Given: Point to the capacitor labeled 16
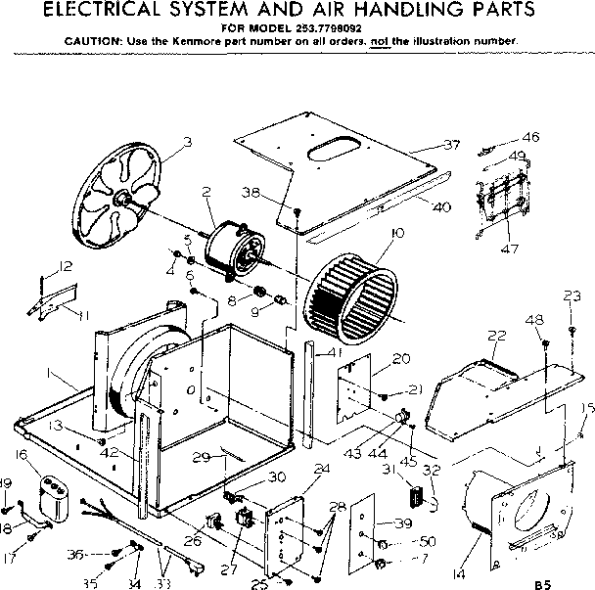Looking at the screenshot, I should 54,491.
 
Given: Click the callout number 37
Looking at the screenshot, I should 450,145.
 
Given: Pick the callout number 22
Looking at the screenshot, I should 496,336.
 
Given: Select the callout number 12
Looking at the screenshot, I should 66,266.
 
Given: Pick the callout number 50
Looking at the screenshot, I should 427,541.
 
